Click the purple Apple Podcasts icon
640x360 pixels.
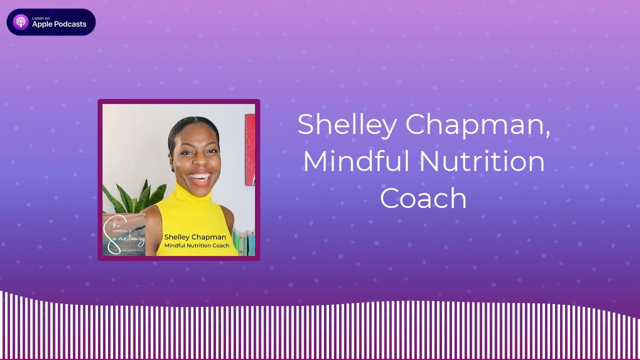[x=20, y=22]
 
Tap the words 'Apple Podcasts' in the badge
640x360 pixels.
[x=59, y=24]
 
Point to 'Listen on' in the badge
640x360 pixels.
[x=40, y=18]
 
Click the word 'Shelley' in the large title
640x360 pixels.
[x=346, y=125]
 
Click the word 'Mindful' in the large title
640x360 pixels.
[x=356, y=161]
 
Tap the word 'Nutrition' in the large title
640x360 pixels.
[x=482, y=161]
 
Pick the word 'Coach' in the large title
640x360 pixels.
[x=423, y=198]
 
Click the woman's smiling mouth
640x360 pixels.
[x=200, y=177]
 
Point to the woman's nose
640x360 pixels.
[x=199, y=163]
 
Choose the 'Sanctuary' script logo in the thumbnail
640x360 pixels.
[x=123, y=235]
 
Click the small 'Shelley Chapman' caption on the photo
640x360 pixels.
[x=195, y=237]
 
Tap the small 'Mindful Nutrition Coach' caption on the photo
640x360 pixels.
[x=197, y=245]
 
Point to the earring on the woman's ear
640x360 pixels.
[x=173, y=168]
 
